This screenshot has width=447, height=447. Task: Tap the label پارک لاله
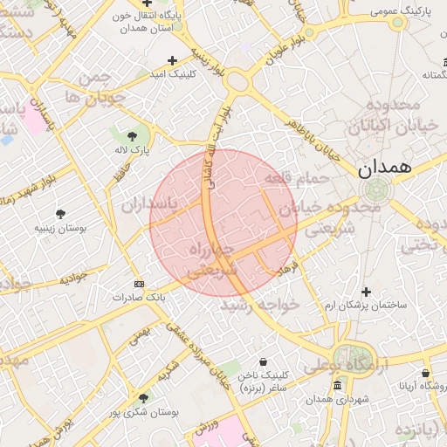point(135,150)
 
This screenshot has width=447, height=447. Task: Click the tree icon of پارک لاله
point(132,135)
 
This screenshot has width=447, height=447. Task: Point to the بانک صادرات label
point(138,298)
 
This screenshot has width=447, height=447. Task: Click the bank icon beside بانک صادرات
point(138,285)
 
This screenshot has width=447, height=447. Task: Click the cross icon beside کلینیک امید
point(172,61)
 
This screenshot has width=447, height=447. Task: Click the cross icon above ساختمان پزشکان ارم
point(366,292)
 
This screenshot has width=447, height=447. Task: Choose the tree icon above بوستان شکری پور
point(143,398)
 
